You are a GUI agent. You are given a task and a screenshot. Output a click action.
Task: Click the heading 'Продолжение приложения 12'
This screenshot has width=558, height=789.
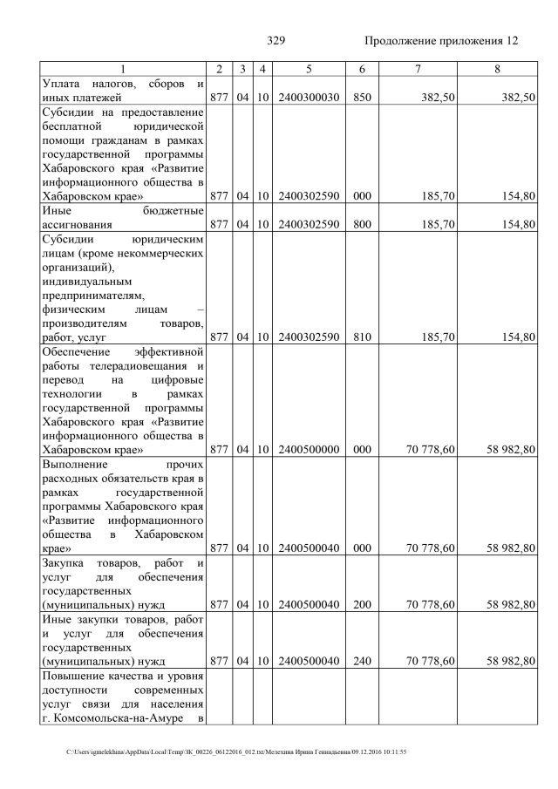441,41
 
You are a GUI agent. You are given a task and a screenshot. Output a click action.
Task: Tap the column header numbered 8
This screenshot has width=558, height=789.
497,69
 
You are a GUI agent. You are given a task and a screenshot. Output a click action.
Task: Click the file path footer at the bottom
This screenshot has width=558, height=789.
236,752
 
